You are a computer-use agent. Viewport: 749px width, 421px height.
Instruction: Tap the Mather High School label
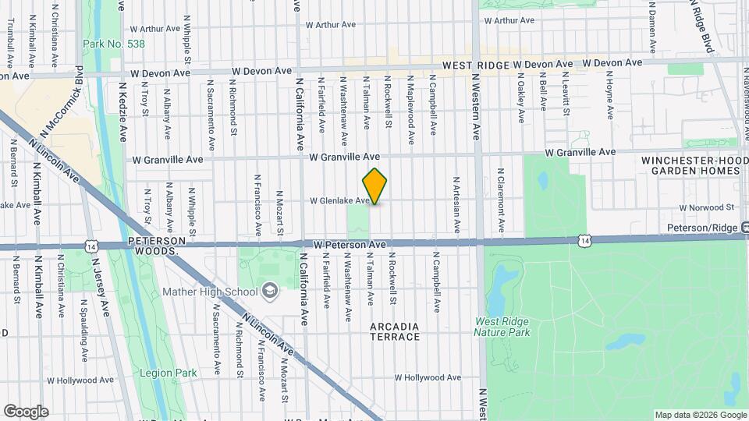209,292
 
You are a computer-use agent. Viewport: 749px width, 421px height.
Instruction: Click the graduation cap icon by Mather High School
270,291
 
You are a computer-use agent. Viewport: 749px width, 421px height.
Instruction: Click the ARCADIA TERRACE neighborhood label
395,331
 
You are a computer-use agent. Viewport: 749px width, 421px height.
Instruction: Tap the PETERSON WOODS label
154,246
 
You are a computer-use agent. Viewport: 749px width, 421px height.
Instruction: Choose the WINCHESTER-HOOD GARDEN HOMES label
689,165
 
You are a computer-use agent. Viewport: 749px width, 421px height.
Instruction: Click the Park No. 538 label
113,44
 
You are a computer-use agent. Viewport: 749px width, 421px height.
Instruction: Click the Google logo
25,412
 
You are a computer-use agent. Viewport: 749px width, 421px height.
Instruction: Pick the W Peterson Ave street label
350,245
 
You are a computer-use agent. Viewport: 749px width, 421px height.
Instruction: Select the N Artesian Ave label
456,204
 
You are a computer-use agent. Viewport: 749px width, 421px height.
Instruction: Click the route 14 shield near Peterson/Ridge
584,241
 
